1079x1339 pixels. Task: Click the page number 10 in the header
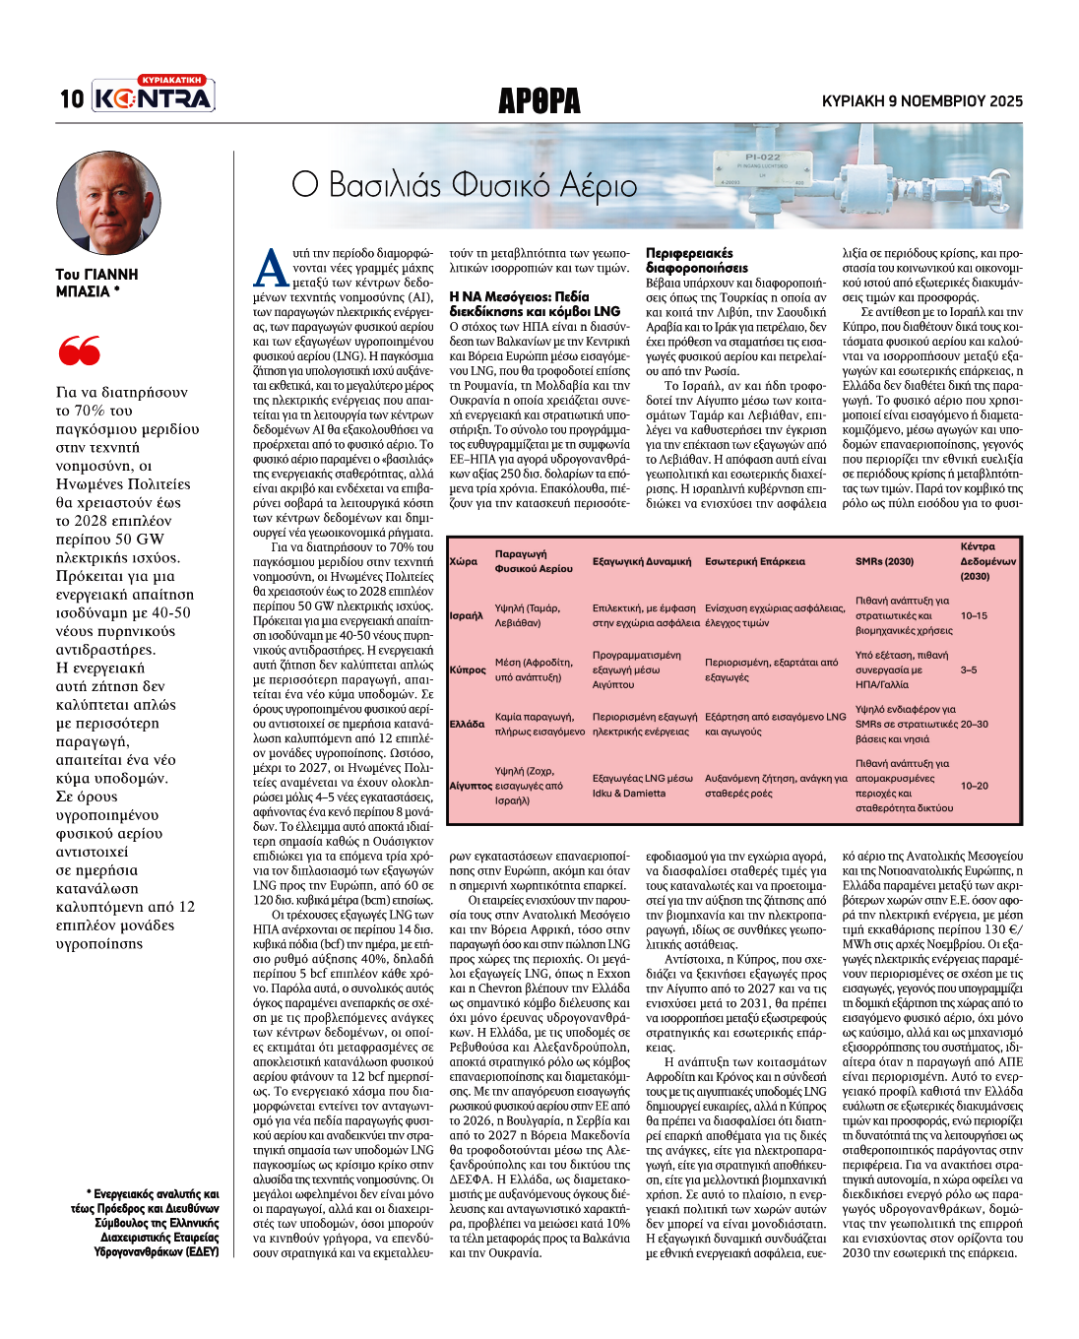[72, 98]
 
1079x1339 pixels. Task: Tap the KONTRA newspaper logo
[154, 96]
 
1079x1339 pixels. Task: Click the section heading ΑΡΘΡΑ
[539, 100]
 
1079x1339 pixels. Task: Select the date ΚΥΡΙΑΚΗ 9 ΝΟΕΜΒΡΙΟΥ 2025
[921, 100]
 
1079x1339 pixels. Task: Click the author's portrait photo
[108, 202]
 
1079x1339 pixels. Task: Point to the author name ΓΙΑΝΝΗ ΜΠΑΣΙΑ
[96, 283]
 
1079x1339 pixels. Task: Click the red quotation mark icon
[79, 350]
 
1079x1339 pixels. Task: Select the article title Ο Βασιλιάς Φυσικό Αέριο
[465, 185]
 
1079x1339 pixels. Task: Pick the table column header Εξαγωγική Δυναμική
[641, 561]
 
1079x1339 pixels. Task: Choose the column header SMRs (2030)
[884, 561]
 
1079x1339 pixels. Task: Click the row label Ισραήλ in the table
[466, 615]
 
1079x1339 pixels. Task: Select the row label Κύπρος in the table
[468, 669]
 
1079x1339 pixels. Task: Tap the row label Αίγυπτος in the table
[470, 786]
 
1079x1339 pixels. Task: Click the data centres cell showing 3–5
[969, 669]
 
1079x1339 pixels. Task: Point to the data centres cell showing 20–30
[974, 724]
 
